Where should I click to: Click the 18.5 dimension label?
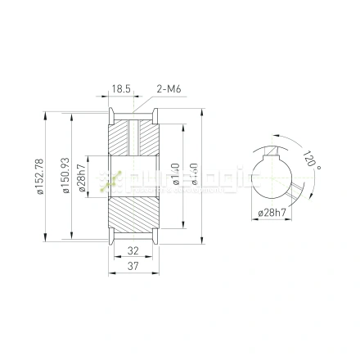pyautogui.click(x=122, y=88)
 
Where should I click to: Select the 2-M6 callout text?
pyautogui.click(x=168, y=88)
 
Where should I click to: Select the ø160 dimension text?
pyautogui.click(x=194, y=175)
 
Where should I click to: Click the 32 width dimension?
pyautogui.click(x=133, y=252)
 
